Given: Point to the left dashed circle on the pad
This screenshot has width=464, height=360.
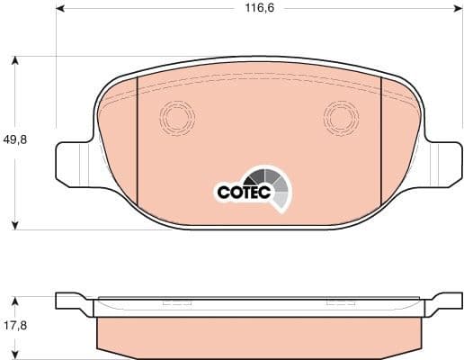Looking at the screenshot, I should (176, 116).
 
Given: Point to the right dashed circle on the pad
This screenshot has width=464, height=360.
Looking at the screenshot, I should (341, 116).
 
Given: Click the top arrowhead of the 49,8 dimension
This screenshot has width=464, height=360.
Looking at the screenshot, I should (15, 61).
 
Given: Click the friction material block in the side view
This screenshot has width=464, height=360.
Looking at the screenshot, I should (258, 335).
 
